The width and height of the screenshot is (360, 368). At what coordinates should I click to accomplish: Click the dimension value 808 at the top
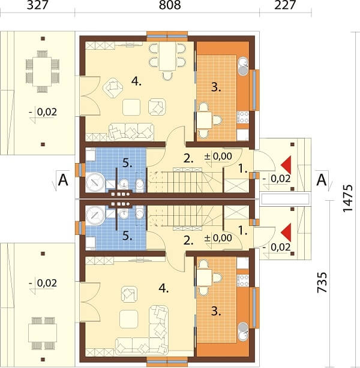(170, 5)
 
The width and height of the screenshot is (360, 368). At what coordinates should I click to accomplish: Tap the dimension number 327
(38, 5)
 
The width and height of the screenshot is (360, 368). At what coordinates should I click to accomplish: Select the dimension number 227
(285, 5)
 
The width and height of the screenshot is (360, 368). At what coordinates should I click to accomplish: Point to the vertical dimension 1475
(348, 198)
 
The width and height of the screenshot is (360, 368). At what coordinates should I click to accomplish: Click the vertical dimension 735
(322, 282)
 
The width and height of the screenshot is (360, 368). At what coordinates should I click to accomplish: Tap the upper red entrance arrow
(286, 165)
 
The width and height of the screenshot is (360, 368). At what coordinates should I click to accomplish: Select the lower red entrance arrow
(286, 233)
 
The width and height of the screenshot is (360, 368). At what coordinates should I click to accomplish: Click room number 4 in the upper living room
(136, 82)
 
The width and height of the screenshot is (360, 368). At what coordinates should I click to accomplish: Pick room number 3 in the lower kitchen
(216, 312)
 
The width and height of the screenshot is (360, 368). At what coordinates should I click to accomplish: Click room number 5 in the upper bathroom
(127, 164)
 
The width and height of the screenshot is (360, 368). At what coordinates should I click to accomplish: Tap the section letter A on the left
(63, 180)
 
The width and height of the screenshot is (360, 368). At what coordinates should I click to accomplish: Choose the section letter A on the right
(322, 180)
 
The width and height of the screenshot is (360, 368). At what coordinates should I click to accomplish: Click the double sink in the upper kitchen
(243, 67)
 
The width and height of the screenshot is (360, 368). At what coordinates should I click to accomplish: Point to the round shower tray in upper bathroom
(95, 182)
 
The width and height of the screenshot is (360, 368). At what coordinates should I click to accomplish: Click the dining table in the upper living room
(167, 56)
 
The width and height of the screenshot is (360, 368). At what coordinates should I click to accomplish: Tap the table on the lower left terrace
(43, 333)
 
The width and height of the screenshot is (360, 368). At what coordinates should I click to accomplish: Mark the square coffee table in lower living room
(128, 319)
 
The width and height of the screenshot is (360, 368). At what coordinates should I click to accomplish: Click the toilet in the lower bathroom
(140, 213)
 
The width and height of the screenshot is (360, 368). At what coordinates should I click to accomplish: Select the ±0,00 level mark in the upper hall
(218, 156)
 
